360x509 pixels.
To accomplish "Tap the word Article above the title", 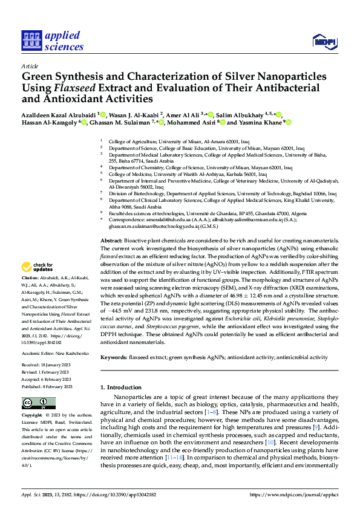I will [29, 66].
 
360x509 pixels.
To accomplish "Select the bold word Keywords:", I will [113, 358].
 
